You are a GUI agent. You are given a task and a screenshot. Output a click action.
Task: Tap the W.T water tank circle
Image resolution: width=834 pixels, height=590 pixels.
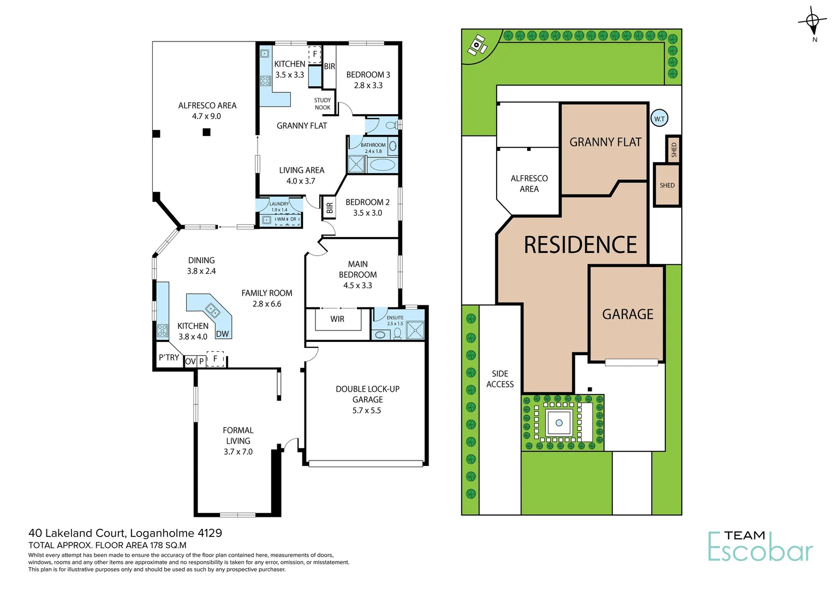659,119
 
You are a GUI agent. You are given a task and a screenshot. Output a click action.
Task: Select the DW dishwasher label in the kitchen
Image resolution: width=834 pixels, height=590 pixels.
222,334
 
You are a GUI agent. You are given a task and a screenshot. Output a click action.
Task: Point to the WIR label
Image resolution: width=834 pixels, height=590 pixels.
337,319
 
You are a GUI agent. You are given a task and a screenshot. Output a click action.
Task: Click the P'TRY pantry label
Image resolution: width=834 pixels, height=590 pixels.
169,357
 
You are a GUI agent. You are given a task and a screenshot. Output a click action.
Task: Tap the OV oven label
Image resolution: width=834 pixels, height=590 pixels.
190,361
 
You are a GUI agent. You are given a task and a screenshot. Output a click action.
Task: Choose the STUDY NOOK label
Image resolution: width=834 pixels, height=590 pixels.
322,104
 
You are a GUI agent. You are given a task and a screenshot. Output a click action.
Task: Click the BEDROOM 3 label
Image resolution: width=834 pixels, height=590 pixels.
368,75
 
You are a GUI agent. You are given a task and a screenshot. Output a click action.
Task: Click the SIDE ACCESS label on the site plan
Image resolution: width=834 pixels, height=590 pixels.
500,379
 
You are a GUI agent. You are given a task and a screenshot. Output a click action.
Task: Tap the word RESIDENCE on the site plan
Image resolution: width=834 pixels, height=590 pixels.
580,245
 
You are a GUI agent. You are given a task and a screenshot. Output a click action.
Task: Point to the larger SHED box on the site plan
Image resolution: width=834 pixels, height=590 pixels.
667,185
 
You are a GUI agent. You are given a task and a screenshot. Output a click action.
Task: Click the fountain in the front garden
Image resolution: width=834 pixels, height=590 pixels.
559,423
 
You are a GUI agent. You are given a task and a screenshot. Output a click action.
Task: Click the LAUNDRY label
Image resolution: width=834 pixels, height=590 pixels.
279,204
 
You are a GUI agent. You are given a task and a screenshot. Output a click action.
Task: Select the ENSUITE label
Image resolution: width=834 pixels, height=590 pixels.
395,317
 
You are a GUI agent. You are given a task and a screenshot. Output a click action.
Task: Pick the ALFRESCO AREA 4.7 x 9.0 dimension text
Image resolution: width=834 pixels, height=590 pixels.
206,116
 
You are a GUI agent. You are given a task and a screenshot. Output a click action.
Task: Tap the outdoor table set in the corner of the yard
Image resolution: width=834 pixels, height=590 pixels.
477,45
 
